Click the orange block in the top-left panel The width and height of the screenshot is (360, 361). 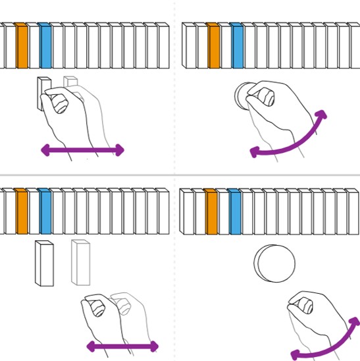click(22, 46)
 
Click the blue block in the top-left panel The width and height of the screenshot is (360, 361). click(45, 46)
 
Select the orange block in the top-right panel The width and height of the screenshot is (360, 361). click(213, 46)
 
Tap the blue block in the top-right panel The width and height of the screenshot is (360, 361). click(237, 46)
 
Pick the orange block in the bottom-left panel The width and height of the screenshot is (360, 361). click(22, 212)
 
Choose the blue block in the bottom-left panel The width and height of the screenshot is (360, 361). click(45, 212)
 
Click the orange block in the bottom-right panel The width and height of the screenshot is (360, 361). click(211, 212)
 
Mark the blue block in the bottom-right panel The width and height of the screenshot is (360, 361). click(234, 212)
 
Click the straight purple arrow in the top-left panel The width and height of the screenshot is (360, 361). click(82, 150)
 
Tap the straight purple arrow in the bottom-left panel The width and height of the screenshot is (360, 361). click(122, 346)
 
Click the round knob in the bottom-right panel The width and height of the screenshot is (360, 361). click(274, 263)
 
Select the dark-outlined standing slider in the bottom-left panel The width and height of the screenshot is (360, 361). click(44, 264)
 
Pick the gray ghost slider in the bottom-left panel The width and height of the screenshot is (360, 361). click(80, 262)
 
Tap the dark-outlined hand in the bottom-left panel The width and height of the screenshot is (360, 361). click(102, 316)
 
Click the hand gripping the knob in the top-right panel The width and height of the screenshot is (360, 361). click(276, 109)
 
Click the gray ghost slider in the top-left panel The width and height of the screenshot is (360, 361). click(70, 82)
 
